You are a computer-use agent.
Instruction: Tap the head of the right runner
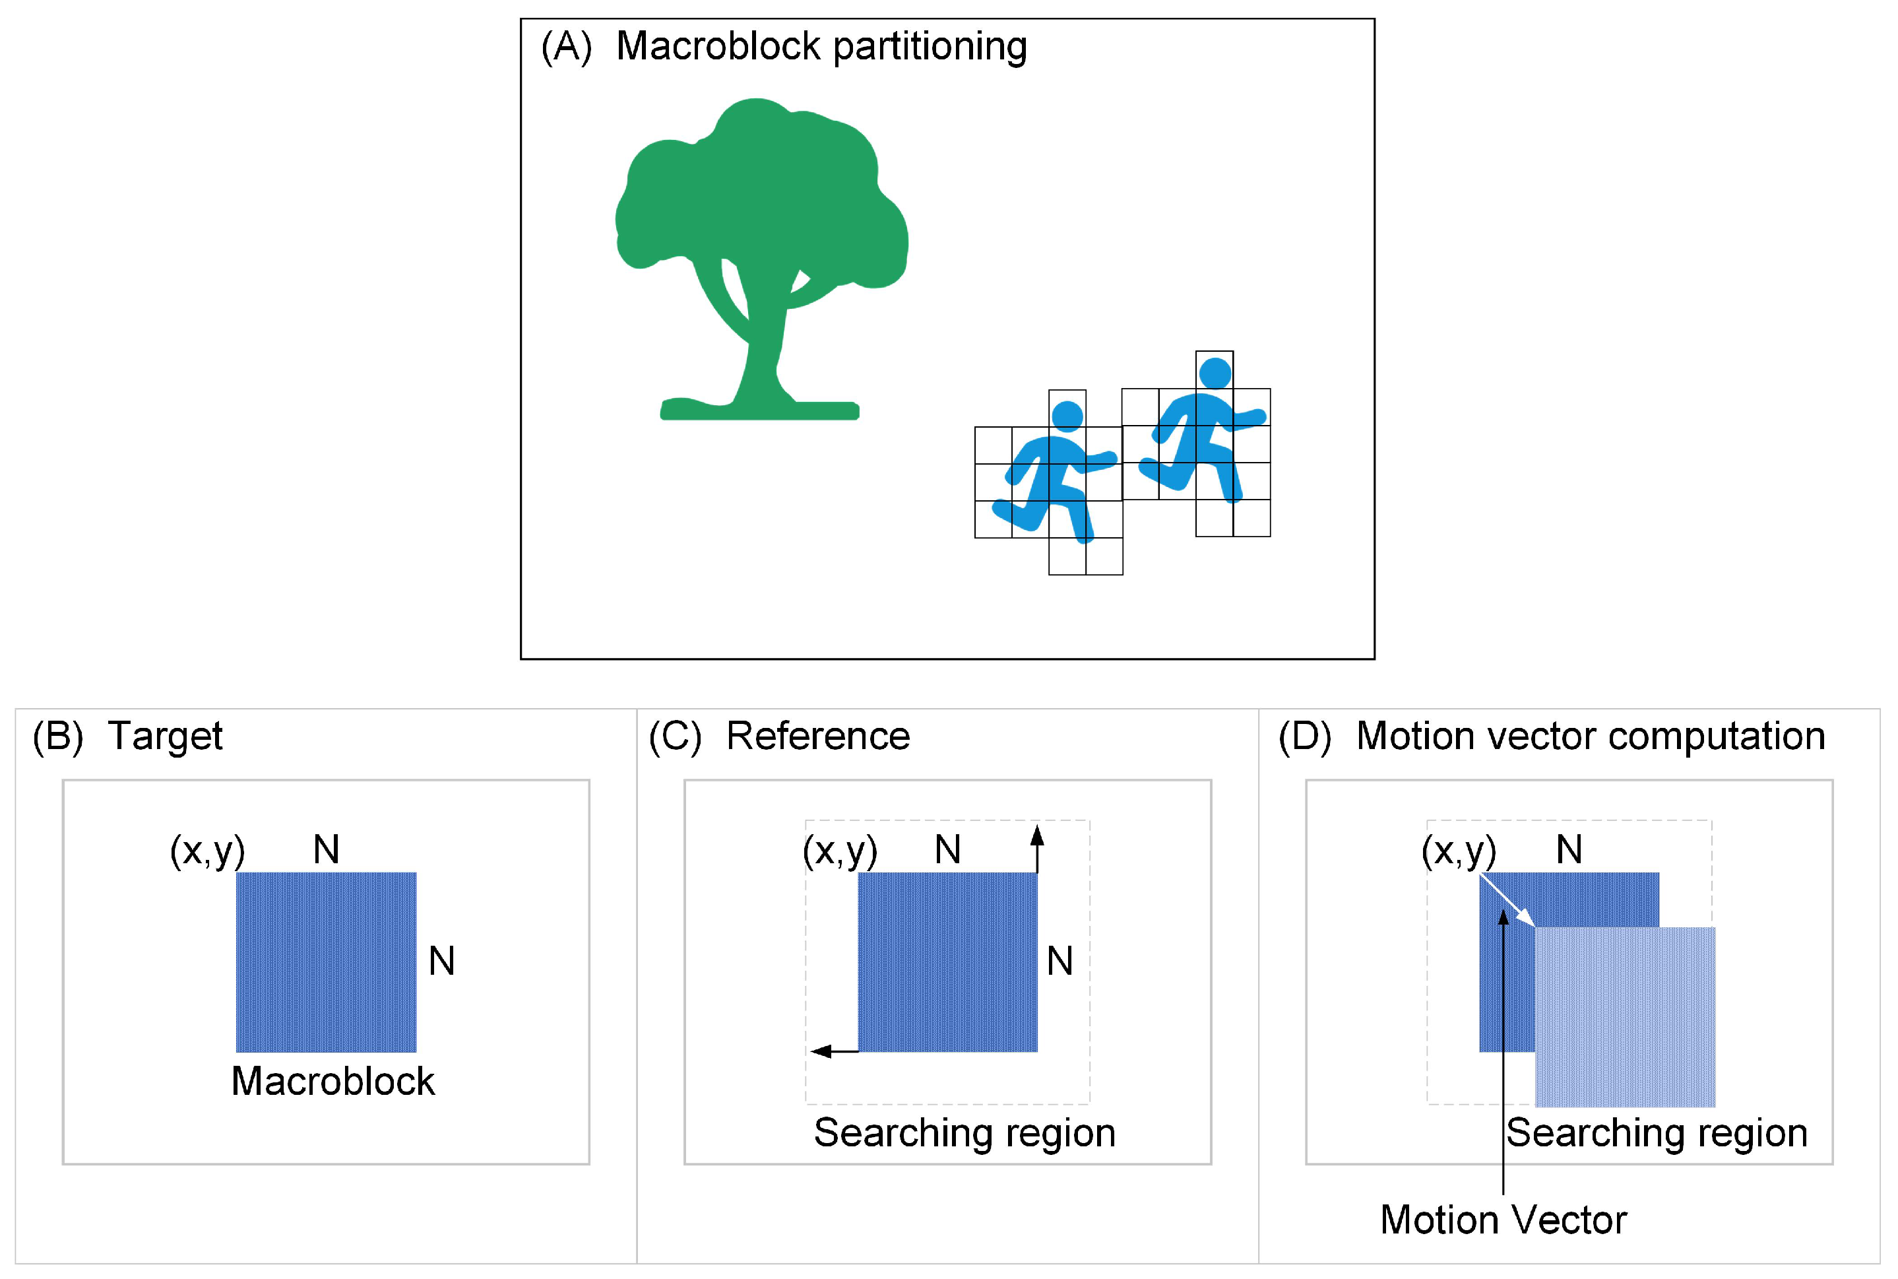coord(1215,374)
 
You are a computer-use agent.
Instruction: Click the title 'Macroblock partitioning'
coord(820,46)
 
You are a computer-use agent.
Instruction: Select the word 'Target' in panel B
coord(165,737)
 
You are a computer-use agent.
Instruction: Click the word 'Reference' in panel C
coord(818,737)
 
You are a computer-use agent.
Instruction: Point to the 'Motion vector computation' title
coord(1590,737)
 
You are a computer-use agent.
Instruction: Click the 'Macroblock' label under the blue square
coord(332,1082)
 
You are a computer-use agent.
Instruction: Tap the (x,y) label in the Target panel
coord(207,851)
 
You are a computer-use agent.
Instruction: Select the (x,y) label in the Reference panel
coord(840,851)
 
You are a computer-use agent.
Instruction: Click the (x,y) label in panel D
coord(1459,851)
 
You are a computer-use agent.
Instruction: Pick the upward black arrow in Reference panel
coord(1037,848)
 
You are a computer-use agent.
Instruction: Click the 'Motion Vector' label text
coord(1503,1220)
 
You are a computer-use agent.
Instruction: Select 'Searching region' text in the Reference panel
coord(965,1133)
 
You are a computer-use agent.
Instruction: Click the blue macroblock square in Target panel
coord(326,962)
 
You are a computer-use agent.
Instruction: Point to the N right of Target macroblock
coord(442,962)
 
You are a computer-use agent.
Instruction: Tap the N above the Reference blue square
coord(947,850)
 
